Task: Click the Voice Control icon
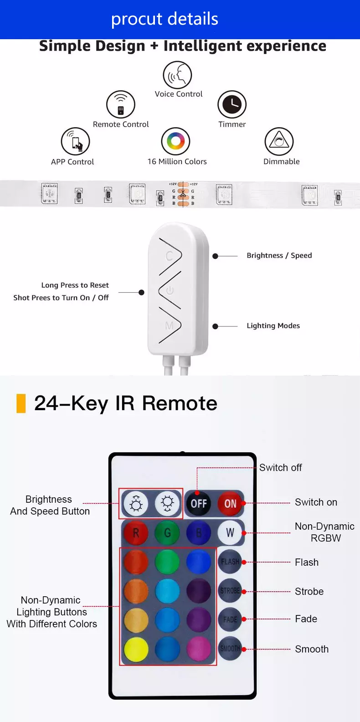[x=177, y=75]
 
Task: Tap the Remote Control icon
[x=121, y=105]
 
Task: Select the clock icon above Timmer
[x=232, y=105]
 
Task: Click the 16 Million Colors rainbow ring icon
[x=176, y=141]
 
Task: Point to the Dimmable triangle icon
[x=279, y=141]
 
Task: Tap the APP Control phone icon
[x=76, y=141]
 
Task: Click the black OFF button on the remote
[x=199, y=503]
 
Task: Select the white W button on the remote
[x=230, y=532]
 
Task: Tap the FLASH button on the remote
[x=230, y=562]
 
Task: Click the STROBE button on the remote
[x=230, y=591]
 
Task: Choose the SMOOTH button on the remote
[x=230, y=648]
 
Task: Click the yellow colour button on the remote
[x=136, y=649]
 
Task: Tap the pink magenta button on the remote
[x=199, y=649]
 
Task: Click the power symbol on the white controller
[x=170, y=290]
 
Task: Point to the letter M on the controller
[x=169, y=325]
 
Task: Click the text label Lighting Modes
[x=273, y=325]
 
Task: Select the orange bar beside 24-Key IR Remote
[x=21, y=403]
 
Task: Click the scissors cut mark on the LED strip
[x=183, y=194]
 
